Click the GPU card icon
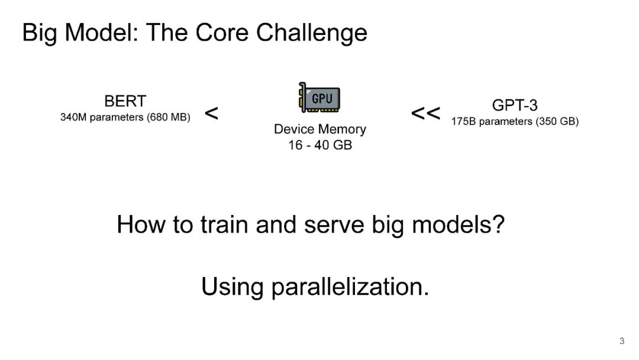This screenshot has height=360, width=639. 319,98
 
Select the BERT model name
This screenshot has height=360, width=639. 125,102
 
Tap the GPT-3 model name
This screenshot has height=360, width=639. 515,106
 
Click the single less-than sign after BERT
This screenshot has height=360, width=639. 211,113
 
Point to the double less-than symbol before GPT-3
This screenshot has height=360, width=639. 425,113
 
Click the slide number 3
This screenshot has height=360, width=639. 622,341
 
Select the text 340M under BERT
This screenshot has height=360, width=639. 74,117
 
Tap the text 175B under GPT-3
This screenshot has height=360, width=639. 464,122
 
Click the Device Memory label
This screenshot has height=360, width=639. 319,129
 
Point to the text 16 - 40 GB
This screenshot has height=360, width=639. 319,145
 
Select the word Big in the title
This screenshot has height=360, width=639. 40,33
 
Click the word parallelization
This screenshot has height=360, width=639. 350,287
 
